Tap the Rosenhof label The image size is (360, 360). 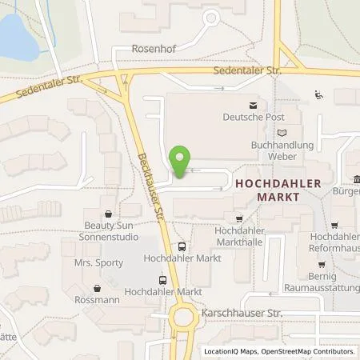[136, 48]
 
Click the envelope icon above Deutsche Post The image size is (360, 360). [254, 105]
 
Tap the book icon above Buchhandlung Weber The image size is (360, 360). [280, 133]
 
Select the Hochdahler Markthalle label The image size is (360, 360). [240, 236]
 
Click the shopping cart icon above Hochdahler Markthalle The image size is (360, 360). [238, 218]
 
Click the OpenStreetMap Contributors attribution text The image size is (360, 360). [308, 351]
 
